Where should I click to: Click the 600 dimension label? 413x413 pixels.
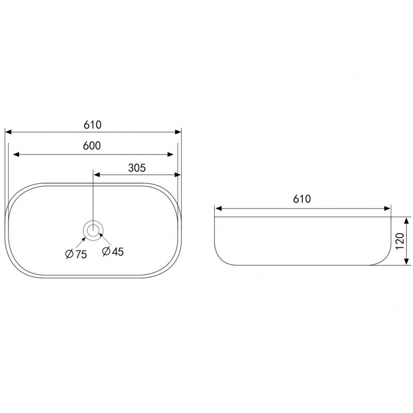(92, 146)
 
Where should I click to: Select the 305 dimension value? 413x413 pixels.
(137, 168)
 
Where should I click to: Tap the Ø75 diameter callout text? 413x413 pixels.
(76, 254)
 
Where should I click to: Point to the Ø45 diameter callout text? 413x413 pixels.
(113, 251)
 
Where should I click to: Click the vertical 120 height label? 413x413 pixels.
(400, 241)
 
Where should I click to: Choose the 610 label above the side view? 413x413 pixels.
(302, 199)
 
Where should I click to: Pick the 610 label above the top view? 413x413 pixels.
(92, 125)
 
